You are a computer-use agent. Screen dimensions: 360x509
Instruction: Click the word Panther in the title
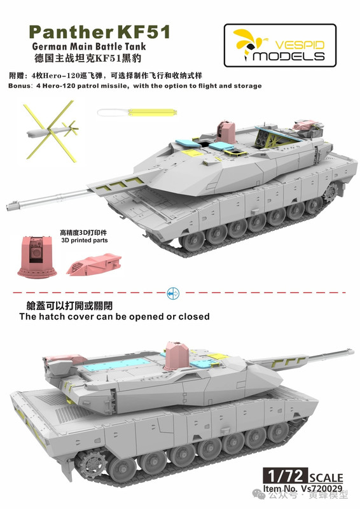pyautogui.click(x=71, y=32)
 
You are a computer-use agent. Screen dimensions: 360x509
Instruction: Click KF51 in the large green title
pyautogui.click(x=143, y=32)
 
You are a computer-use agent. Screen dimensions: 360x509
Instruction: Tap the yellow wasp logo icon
pyautogui.click(x=249, y=43)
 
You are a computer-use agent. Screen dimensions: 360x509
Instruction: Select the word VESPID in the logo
pyautogui.click(x=300, y=45)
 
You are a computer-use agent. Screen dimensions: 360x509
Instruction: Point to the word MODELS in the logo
pyautogui.click(x=289, y=56)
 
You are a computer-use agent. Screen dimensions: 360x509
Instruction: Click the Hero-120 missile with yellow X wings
pyautogui.click(x=52, y=131)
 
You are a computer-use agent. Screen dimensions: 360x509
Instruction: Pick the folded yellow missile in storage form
pyautogui.click(x=152, y=113)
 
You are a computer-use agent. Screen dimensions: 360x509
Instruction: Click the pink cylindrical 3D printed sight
pyautogui.click(x=37, y=256)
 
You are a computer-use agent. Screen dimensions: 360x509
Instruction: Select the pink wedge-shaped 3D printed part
pyautogui.click(x=93, y=265)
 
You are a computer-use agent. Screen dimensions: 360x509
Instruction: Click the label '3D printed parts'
pyautogui.click(x=85, y=241)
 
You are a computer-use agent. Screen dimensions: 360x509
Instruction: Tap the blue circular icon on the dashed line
pyautogui.click(x=173, y=294)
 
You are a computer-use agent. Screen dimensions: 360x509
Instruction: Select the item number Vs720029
pyautogui.click(x=322, y=489)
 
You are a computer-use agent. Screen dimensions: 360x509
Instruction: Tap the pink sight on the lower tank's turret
pyautogui.click(x=176, y=356)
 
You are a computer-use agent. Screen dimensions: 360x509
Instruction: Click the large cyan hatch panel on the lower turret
pyautogui.click(x=118, y=365)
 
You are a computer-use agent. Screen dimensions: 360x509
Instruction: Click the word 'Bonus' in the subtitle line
pyautogui.click(x=19, y=86)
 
